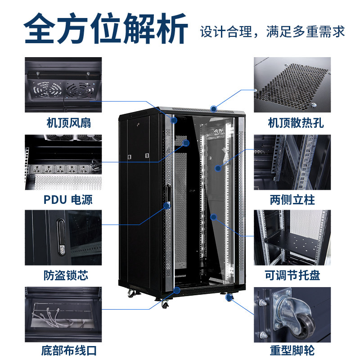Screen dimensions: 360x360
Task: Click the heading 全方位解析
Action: [x=106, y=30]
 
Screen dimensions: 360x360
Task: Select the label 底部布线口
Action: [x=70, y=350]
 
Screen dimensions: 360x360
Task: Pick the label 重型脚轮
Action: [x=292, y=350]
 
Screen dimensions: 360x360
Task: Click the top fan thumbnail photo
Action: [x=63, y=85]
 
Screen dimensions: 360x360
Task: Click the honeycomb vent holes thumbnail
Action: [x=292, y=85]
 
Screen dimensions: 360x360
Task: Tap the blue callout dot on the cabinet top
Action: [x=213, y=108]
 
